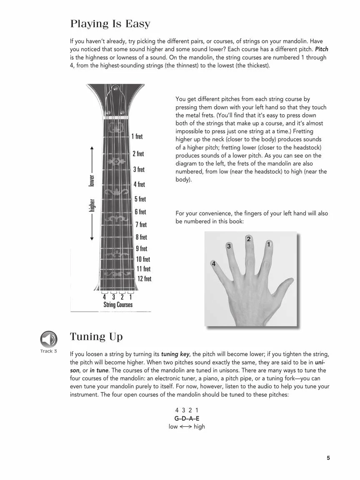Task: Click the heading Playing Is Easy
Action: [x=110, y=24]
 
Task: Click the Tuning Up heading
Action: [x=96, y=337]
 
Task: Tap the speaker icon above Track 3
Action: [x=49, y=339]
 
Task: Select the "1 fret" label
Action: [x=137, y=136]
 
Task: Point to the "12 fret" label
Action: [x=144, y=279]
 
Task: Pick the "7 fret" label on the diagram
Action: [x=141, y=225]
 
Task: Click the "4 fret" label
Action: [x=139, y=184]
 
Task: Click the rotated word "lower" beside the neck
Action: [x=92, y=180]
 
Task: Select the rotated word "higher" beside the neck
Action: [x=92, y=205]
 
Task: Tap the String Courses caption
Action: [x=118, y=305]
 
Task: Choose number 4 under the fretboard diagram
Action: [x=104, y=297]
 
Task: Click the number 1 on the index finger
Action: [x=269, y=245]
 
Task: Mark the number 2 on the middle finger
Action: [x=249, y=239]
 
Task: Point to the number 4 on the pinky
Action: [x=213, y=264]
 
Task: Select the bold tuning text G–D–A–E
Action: [x=187, y=418]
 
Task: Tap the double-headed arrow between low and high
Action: [x=186, y=427]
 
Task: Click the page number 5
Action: [x=328, y=458]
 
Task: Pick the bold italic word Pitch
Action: [x=322, y=50]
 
